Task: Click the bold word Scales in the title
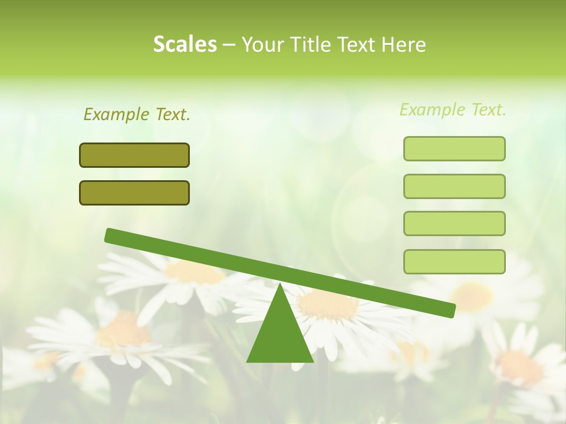(185, 45)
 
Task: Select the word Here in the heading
(403, 45)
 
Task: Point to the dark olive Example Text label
(137, 114)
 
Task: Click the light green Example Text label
(453, 110)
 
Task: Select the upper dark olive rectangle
(134, 155)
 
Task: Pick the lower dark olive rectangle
(134, 193)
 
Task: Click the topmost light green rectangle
(454, 148)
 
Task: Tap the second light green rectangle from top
(454, 186)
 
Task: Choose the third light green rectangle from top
(454, 224)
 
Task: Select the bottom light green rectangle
(454, 261)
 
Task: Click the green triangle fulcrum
(280, 336)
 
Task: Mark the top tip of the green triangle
(280, 285)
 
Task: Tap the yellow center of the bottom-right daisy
(519, 368)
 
